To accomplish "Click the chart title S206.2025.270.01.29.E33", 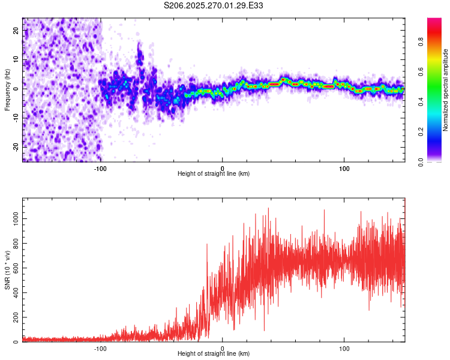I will coord(214,5).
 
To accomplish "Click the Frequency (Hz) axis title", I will coord(7,90).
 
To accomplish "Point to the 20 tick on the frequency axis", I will coord(16,31).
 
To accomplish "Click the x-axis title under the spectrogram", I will coord(214,174).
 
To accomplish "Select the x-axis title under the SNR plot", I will coord(214,354).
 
